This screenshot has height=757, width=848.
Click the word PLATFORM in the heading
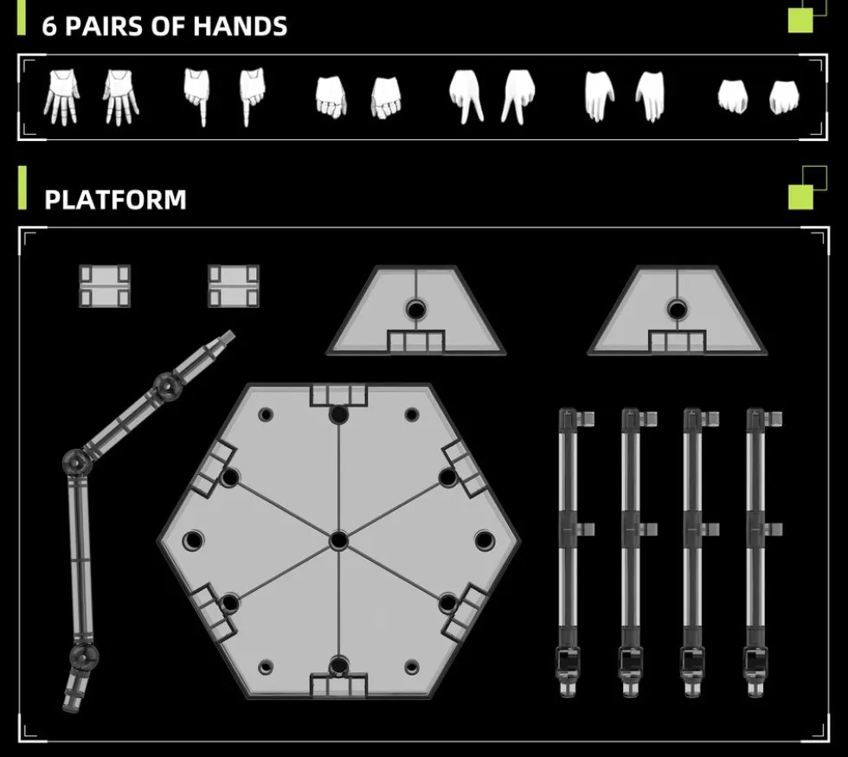(115, 200)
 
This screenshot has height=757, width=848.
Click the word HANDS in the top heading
(241, 26)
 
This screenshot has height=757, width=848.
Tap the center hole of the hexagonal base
(338, 540)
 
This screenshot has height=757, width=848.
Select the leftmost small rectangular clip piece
(105, 286)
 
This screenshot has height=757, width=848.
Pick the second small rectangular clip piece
(234, 286)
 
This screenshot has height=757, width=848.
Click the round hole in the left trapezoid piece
(415, 310)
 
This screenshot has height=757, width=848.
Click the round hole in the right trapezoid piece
(677, 310)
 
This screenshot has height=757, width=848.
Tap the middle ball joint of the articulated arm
(76, 462)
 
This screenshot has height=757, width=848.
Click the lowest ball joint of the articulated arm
(84, 656)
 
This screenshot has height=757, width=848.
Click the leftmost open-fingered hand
(61, 97)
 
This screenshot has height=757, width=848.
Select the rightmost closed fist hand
(784, 97)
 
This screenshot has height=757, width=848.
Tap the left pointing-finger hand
(197, 97)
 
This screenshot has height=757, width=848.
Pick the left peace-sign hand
(466, 97)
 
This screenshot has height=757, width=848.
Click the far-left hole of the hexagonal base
(193, 540)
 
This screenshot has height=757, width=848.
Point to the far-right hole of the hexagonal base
(485, 540)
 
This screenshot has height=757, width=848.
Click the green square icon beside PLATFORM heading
(801, 197)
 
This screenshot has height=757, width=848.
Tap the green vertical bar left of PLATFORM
(22, 188)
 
